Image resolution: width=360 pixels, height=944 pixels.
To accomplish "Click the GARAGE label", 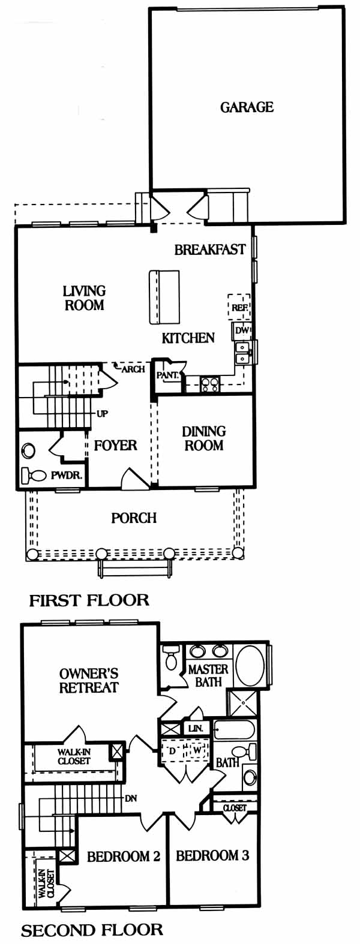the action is click(x=247, y=107).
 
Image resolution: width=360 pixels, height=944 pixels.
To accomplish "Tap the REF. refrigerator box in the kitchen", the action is click(x=239, y=308).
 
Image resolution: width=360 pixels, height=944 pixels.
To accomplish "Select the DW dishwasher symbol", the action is click(x=242, y=331).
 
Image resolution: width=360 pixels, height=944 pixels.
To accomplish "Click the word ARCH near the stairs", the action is click(x=133, y=369).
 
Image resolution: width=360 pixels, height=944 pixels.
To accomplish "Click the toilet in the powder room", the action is click(x=33, y=475).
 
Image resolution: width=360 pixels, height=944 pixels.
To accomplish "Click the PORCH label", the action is click(x=134, y=518).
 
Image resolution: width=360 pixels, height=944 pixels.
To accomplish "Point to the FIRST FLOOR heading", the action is click(x=89, y=600).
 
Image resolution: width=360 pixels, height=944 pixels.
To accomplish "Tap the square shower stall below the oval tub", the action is click(x=242, y=704).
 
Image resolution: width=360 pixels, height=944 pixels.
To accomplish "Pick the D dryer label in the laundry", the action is click(x=172, y=750).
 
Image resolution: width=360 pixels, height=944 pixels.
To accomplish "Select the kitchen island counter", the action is click(x=164, y=297).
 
